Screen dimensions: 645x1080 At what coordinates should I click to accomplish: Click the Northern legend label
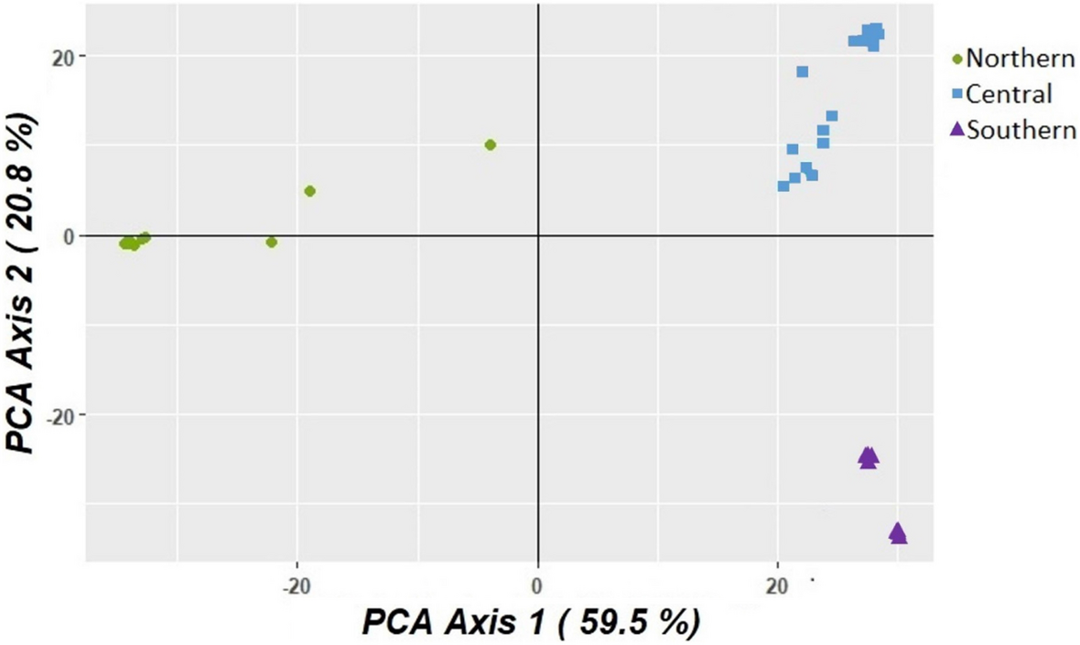pos(1020,59)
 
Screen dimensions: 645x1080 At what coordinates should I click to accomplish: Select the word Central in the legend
pos(1010,93)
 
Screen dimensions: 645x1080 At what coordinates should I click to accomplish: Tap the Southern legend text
pos(1021,129)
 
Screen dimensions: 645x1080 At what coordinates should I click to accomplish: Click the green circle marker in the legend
pos(957,59)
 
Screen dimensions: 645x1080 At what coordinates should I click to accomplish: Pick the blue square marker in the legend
pos(957,94)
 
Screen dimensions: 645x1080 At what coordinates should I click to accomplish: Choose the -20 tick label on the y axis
pos(57,415)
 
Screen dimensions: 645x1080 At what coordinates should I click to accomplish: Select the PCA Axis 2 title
pos(26,283)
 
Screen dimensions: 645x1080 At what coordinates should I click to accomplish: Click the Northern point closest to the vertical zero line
pos(491,145)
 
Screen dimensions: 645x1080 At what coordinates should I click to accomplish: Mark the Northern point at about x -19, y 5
pos(309,191)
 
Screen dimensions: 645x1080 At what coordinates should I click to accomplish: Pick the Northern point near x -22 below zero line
pos(271,242)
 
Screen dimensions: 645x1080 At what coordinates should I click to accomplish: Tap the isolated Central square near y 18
pos(802,71)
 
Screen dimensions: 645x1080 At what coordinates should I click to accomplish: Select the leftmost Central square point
pos(783,186)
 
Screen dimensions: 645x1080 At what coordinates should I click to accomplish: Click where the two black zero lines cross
pos(537,235)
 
